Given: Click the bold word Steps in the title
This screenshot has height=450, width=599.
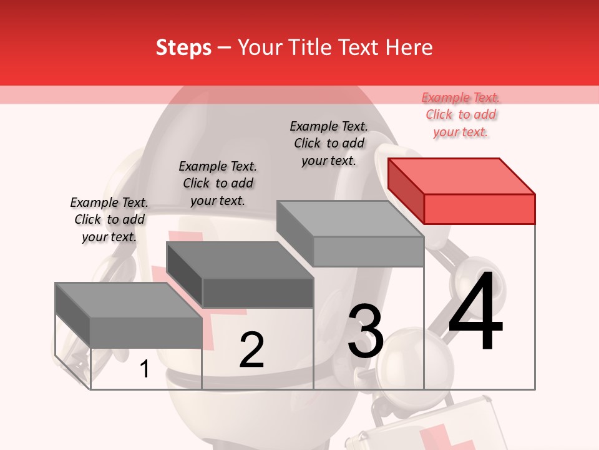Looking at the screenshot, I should coord(183,48).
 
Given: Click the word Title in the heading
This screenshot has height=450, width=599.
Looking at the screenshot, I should coord(309,48).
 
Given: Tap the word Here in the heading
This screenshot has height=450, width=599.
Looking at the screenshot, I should coord(409,48).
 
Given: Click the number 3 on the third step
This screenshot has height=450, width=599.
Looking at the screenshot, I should coord(366,331).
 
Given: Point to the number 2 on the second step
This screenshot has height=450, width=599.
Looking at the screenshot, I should coord(251,350).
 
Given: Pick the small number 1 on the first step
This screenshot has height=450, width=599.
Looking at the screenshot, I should coord(145,369).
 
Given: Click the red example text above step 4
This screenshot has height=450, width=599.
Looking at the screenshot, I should coord(461,115).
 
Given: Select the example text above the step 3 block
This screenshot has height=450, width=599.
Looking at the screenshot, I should coord(329,144).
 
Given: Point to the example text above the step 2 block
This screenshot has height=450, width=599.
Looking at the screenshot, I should coord(218,184).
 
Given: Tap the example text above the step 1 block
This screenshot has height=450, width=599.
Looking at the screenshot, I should coord(109,220).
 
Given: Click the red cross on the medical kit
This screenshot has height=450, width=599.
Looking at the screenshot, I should coord(444,437).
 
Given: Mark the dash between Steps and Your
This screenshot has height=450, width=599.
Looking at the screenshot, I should coord(224,48).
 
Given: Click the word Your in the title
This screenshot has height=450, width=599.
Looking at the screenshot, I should coord(260,48).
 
